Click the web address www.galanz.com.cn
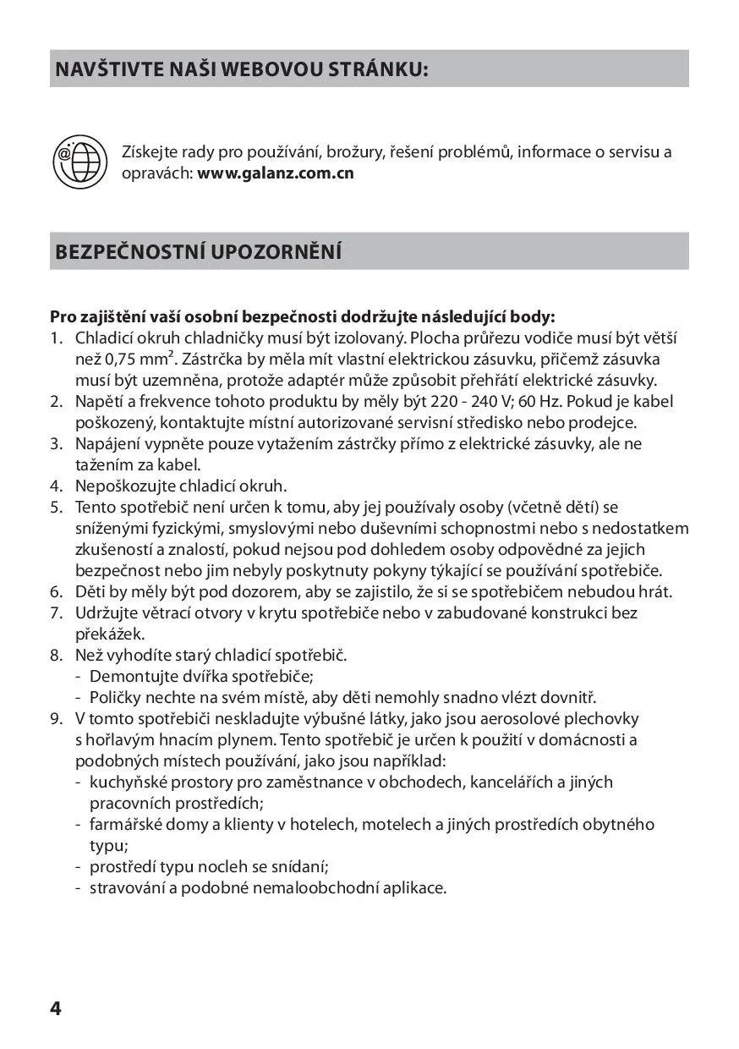click(x=276, y=173)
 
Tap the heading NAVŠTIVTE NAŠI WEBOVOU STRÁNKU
click(x=242, y=69)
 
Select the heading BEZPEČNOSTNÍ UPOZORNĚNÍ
click(x=199, y=252)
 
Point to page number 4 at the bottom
click(x=56, y=1008)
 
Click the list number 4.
click(x=56, y=486)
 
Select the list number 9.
click(x=56, y=718)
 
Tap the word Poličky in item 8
click(x=115, y=697)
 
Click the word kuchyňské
click(x=128, y=782)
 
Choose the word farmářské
click(x=125, y=824)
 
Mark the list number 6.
click(x=56, y=591)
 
